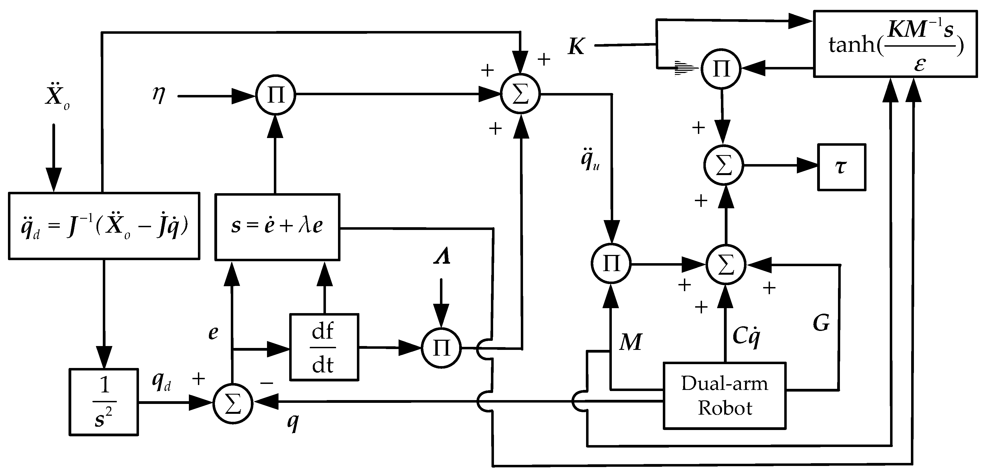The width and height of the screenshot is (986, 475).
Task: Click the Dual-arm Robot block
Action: pos(724,396)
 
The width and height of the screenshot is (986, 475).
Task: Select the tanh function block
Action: pos(895,44)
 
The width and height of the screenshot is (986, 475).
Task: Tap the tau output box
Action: pos(841,167)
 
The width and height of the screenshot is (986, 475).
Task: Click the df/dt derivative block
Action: pos(324,347)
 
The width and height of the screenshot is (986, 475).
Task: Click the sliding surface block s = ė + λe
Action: pos(277,227)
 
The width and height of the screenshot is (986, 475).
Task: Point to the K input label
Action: pos(576,47)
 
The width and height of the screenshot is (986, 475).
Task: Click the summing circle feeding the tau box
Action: pos(723,165)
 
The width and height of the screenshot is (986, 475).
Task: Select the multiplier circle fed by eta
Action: pos(275,95)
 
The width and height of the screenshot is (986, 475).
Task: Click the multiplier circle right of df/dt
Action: pos(441,348)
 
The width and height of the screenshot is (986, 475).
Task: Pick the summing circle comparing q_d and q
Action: pos(233,403)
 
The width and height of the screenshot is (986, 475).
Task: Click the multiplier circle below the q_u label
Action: pos(611,263)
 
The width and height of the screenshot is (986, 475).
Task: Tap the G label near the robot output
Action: pos(821,323)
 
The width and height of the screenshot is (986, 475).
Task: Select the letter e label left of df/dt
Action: pos(213,333)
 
